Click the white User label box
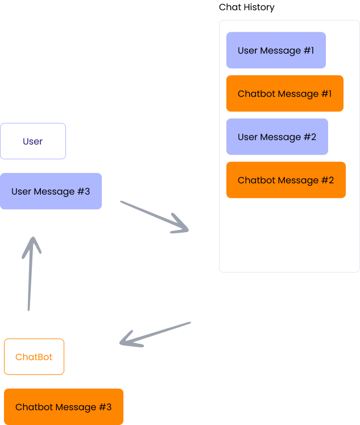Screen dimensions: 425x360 (33, 141)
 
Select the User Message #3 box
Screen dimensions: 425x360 (51, 191)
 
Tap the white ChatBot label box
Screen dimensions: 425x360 (34, 357)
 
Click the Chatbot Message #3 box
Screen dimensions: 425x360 (64, 407)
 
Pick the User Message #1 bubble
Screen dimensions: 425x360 (276, 50)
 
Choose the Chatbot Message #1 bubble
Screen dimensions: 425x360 (284, 93)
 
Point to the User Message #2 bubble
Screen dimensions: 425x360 (277, 137)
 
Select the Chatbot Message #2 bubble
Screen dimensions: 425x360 (285, 180)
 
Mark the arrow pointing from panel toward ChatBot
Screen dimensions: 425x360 (155, 334)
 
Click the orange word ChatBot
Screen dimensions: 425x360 (34, 357)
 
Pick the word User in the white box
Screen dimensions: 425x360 (33, 141)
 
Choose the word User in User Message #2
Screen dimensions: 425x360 (247, 137)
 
